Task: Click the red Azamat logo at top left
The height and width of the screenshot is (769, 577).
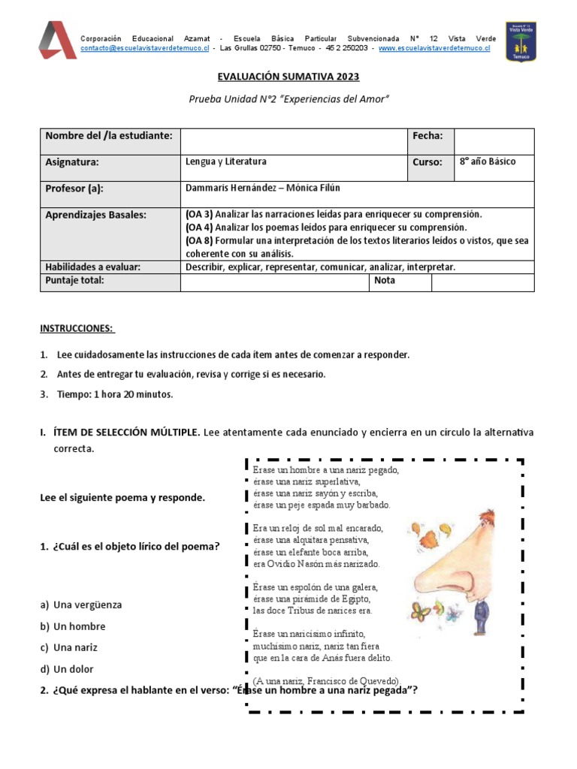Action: pos(57,40)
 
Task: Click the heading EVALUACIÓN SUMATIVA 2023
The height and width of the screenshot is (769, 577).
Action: pos(288,77)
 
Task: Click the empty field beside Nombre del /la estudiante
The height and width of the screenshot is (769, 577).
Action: pos(293,141)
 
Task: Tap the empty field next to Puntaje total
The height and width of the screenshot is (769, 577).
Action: pos(273,282)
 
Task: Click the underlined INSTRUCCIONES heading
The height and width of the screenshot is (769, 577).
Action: pos(77,328)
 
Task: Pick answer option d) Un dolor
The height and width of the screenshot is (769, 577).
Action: pos(68,669)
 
